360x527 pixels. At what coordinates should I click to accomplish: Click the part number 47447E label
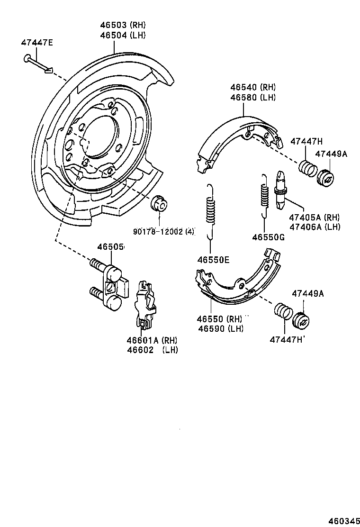(37, 43)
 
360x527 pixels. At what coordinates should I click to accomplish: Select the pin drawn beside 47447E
(37, 64)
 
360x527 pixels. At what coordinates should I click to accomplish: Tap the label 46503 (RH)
(122, 26)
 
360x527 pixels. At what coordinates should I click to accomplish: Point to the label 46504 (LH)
(122, 35)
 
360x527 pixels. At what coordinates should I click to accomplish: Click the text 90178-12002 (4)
(163, 231)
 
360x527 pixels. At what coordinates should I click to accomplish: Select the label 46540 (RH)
(253, 88)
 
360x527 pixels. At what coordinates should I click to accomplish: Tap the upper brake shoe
(234, 137)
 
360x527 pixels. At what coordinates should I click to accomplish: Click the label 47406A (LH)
(315, 227)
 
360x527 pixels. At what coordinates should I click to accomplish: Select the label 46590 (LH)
(221, 328)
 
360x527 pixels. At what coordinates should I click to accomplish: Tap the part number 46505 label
(111, 247)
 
